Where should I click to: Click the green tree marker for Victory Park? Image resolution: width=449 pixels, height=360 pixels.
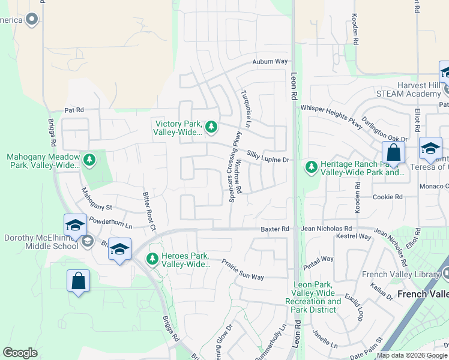click(211, 127)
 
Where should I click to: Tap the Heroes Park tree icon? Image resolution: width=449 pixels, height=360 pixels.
click(152, 259)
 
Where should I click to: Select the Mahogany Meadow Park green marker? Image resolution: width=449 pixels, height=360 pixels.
click(89, 160)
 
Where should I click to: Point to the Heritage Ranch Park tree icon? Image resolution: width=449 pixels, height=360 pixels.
click(311, 166)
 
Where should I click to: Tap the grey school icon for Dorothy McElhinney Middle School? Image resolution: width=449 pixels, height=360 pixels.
click(87, 241)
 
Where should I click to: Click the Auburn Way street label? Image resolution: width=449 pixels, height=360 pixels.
click(270, 62)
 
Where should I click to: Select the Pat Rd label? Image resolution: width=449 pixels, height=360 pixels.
click(74, 110)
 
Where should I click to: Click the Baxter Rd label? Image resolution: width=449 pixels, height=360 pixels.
click(275, 229)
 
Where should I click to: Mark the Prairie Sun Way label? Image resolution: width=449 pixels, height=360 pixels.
click(243, 269)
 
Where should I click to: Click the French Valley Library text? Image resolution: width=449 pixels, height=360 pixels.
click(409, 275)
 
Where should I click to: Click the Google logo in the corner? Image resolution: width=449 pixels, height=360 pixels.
click(20, 353)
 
